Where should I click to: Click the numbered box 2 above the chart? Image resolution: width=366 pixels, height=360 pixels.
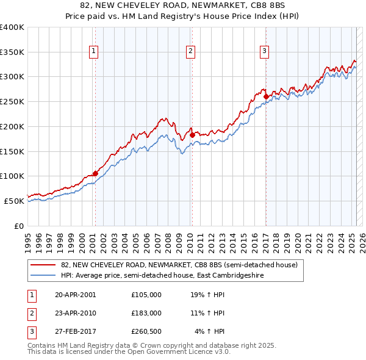191,52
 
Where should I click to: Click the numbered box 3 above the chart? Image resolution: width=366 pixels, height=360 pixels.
265,52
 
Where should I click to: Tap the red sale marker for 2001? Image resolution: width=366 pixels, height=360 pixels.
95,173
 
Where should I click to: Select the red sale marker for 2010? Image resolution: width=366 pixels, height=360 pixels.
192,135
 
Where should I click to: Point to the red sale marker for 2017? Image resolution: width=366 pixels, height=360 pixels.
266,96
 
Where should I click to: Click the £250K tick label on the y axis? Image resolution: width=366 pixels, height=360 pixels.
12,102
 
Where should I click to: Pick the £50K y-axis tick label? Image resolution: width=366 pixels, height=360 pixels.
15,201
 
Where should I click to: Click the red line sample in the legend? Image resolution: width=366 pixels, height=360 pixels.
43,265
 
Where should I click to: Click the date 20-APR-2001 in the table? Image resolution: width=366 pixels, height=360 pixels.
76,295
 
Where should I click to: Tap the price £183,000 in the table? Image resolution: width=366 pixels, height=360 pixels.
146,313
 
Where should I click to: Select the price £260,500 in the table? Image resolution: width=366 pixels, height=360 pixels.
146,331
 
